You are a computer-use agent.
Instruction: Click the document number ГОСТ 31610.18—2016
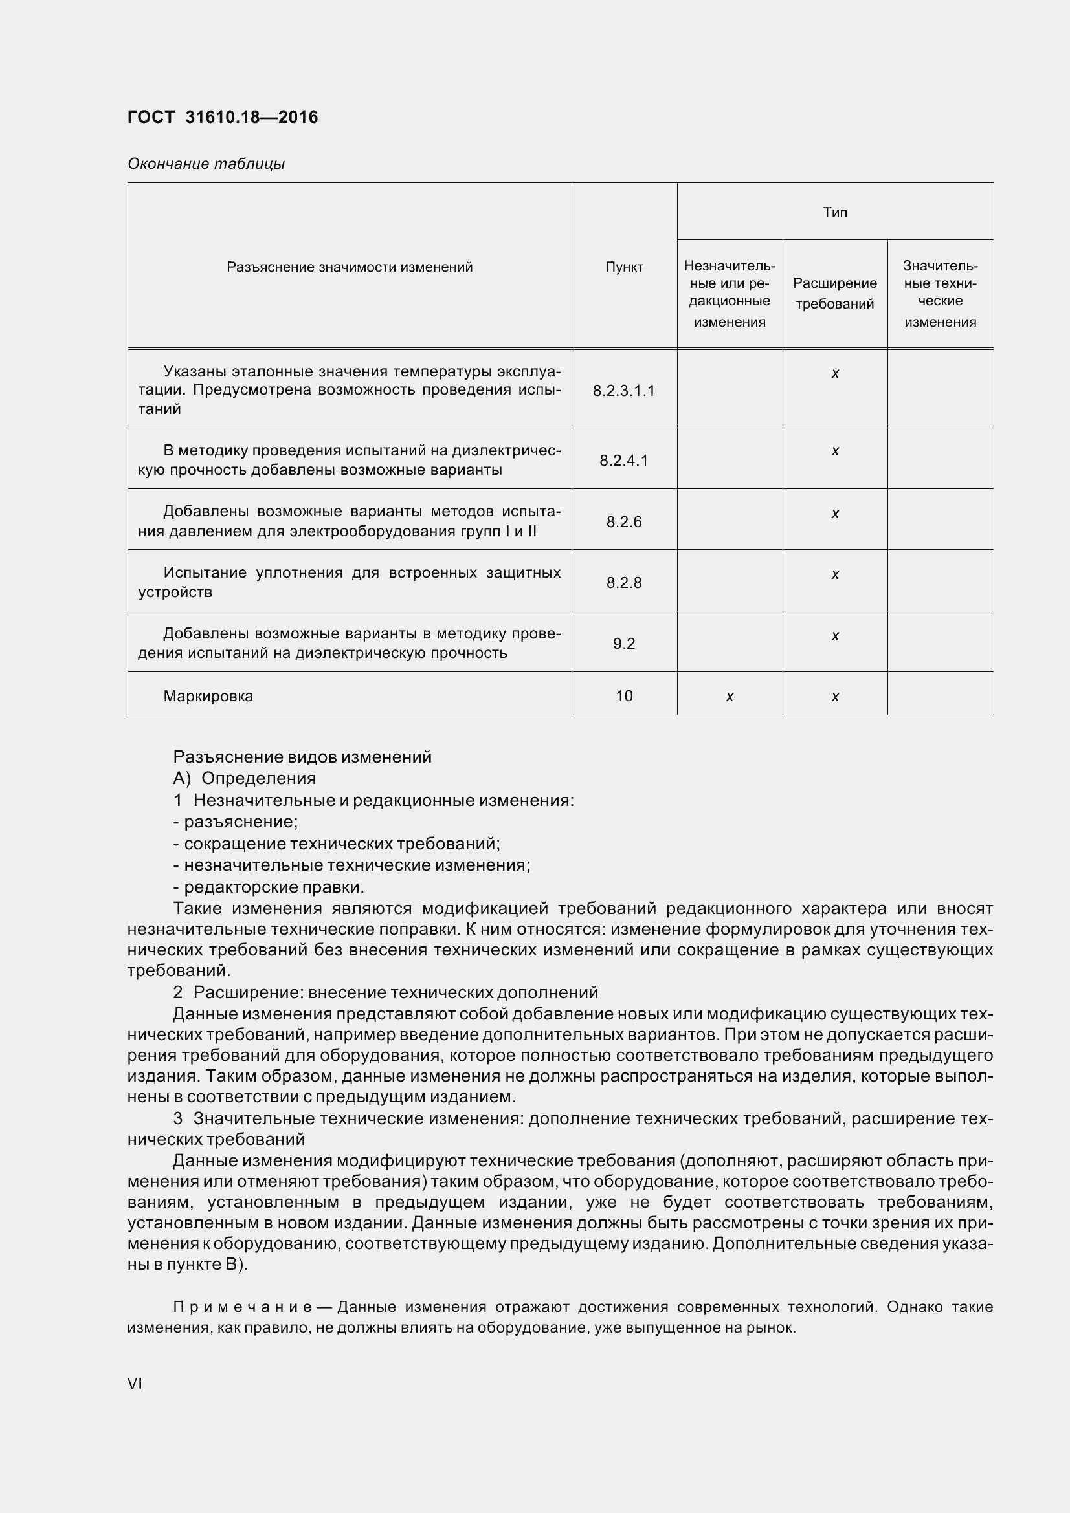point(222,117)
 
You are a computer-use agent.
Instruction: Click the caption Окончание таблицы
point(206,164)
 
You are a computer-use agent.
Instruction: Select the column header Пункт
point(623,267)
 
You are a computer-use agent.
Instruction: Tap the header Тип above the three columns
point(834,212)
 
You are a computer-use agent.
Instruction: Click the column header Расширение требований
point(834,293)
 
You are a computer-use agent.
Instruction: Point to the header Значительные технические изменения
point(940,293)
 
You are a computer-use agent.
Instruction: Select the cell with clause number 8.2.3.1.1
point(623,391)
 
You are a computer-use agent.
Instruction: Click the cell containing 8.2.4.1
point(623,460)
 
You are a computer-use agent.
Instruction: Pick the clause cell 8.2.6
point(623,522)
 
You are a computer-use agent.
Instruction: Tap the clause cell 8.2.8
point(623,583)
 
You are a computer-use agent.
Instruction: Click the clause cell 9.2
point(623,643)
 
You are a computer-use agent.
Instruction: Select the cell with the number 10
point(623,696)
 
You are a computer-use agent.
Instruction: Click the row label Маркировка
point(208,696)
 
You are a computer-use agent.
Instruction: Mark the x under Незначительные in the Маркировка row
point(729,697)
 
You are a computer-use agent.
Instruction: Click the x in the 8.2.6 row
point(834,514)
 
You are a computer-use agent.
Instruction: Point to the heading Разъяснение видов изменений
point(302,757)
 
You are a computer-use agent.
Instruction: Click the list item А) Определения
point(244,778)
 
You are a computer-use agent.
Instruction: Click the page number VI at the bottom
point(135,1383)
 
